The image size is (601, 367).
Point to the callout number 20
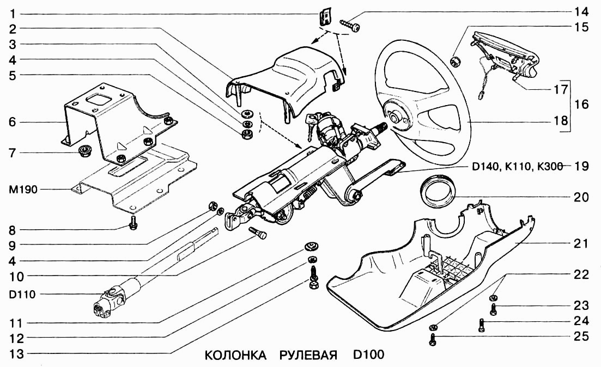581,198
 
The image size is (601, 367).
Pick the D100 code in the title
368,356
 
